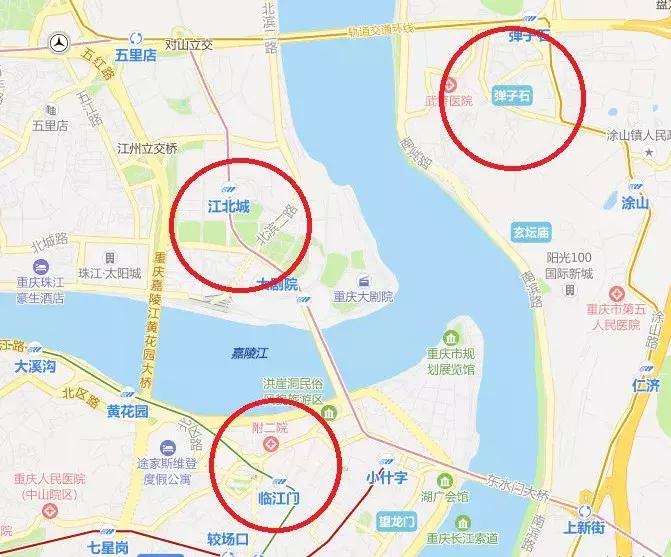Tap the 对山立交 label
[x=189, y=44]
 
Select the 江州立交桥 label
[x=147, y=148]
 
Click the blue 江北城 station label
[x=228, y=207]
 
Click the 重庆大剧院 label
[x=364, y=296]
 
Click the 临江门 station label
[x=279, y=497]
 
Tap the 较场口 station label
[x=228, y=540]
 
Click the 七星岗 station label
[x=108, y=547]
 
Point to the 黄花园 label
[x=128, y=411]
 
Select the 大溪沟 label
[x=35, y=367]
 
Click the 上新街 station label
[x=584, y=526]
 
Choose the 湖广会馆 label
[x=444, y=496]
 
